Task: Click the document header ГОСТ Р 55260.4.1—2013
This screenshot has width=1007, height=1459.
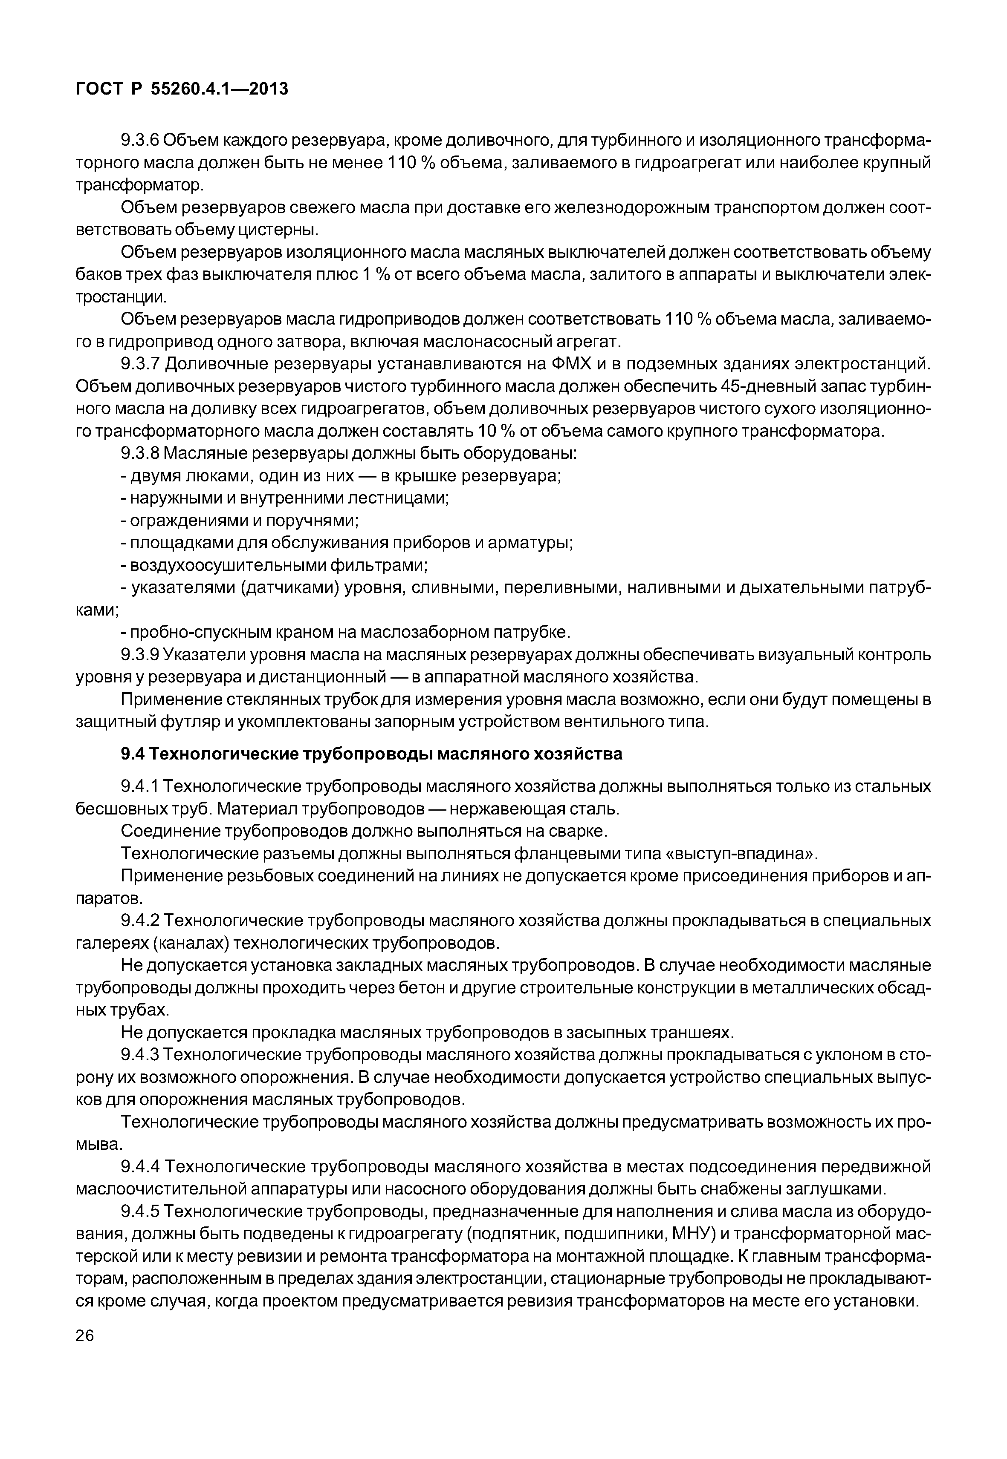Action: tap(182, 89)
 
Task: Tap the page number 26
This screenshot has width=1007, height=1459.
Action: tap(84, 1335)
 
